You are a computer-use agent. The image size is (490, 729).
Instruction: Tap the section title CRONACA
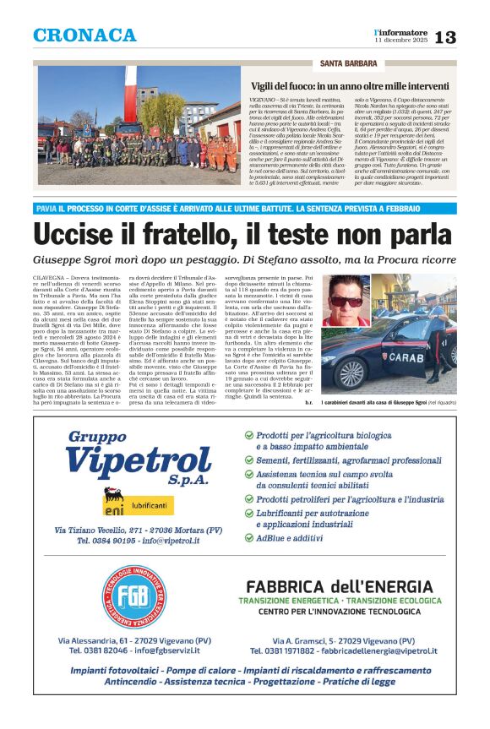84,35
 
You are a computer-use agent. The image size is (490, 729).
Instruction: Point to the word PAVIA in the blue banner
46,209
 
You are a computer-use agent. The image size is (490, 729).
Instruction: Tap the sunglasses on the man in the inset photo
346,302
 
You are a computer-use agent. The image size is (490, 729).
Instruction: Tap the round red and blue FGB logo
133,594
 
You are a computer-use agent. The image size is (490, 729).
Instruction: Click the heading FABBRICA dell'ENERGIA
339,586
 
